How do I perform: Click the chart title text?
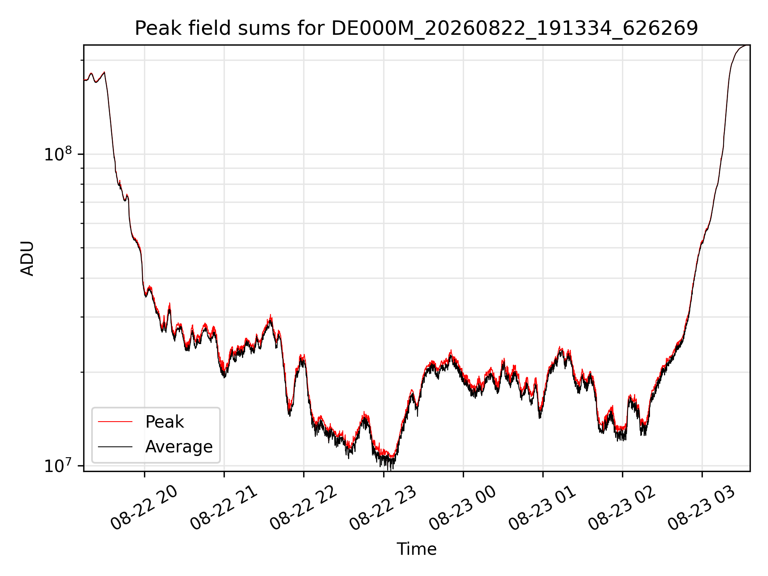[416, 28]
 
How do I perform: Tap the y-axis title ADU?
[27, 258]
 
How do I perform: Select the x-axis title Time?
[416, 549]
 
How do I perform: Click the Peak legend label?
[164, 422]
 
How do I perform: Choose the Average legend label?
[179, 447]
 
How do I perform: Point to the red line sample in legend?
[115, 422]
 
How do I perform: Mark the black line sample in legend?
[115, 446]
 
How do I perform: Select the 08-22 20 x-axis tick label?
[144, 508]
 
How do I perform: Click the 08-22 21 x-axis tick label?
[224, 508]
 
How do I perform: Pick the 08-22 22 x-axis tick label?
[303, 508]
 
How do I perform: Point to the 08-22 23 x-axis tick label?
[383, 508]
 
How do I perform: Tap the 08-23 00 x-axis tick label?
[463, 508]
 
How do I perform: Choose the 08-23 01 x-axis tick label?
[542, 508]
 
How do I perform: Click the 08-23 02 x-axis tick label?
[622, 508]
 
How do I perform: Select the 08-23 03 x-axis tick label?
[702, 508]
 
